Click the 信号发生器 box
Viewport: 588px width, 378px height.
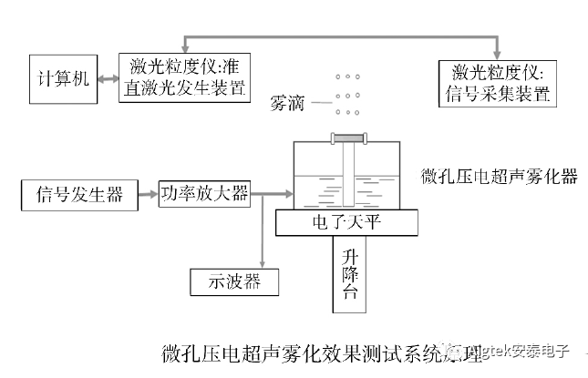[x=73, y=193]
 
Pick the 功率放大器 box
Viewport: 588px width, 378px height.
[x=203, y=193]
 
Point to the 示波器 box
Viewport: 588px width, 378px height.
[x=235, y=283]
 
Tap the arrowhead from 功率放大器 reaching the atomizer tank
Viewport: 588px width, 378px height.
[x=288, y=193]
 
